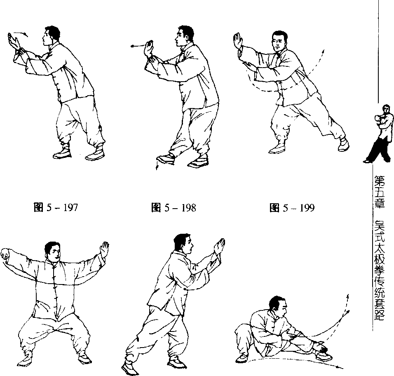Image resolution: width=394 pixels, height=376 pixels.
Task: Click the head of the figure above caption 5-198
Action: [184, 35]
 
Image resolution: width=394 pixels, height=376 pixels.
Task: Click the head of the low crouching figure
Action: [279, 307]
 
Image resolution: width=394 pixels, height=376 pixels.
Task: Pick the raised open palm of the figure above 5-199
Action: [237, 40]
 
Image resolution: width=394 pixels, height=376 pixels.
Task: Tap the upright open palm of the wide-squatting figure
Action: [104, 249]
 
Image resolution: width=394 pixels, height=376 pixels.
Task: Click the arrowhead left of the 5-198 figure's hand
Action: [132, 46]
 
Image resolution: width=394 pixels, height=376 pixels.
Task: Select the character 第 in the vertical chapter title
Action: [379, 181]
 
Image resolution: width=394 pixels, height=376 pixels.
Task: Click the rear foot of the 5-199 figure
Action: [343, 145]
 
